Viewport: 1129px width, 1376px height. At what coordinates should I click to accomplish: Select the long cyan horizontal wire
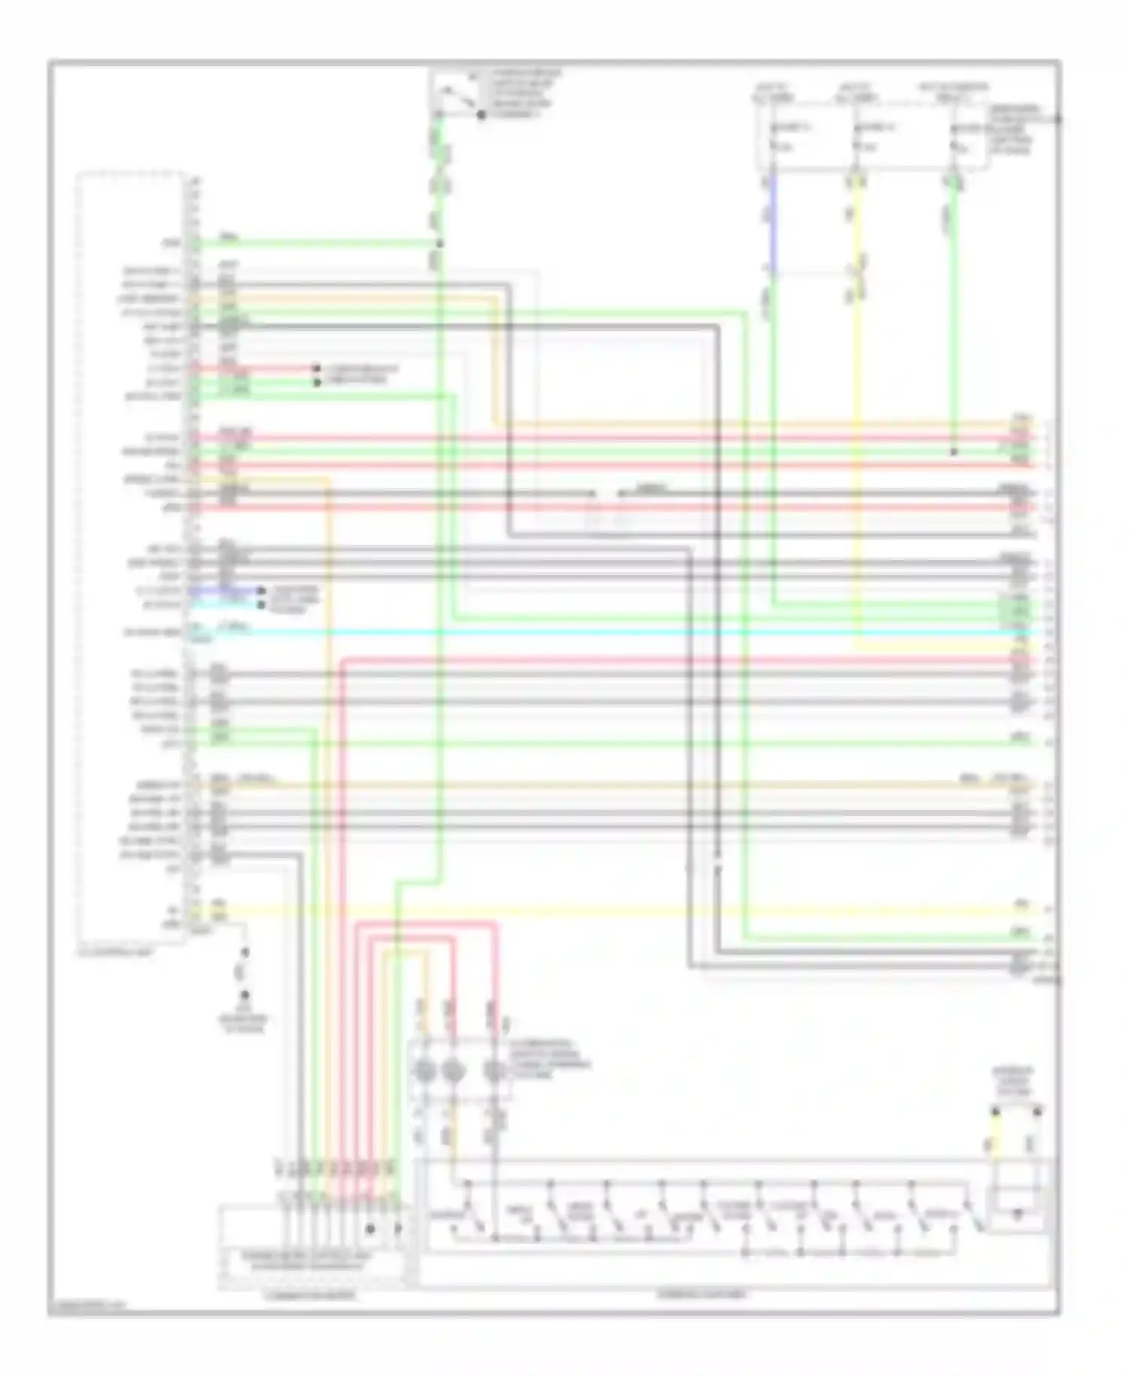click(x=602, y=632)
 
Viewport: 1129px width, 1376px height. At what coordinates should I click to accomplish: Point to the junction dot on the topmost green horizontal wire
click(x=440, y=244)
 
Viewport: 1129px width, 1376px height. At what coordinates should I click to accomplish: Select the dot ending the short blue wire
click(x=261, y=592)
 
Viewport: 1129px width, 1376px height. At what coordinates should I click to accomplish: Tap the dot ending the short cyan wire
click(x=261, y=604)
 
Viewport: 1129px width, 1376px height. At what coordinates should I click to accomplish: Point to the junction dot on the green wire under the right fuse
click(x=954, y=452)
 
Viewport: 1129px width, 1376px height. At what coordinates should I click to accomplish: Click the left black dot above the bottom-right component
click(x=996, y=1111)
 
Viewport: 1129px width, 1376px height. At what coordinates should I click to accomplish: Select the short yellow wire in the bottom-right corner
click(x=995, y=1146)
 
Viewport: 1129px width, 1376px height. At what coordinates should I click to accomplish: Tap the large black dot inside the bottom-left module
click(x=370, y=1228)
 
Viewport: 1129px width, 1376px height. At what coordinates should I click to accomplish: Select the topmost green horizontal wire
click(x=316, y=244)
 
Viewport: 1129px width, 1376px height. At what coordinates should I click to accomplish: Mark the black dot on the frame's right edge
click(x=1058, y=118)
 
